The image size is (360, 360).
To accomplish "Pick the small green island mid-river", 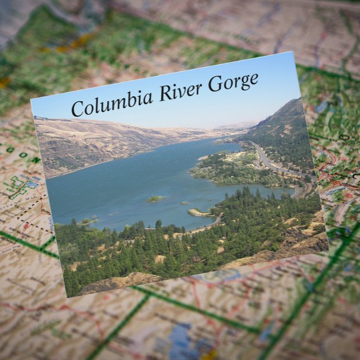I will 156,198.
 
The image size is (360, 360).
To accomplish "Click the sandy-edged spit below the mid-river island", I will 198,212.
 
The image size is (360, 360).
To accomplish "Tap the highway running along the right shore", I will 268,159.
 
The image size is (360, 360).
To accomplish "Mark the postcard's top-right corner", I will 292,53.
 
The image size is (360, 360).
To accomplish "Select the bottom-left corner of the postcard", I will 67,297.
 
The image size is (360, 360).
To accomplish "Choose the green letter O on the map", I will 22,155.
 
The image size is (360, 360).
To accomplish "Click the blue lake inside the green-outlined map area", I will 31,184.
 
